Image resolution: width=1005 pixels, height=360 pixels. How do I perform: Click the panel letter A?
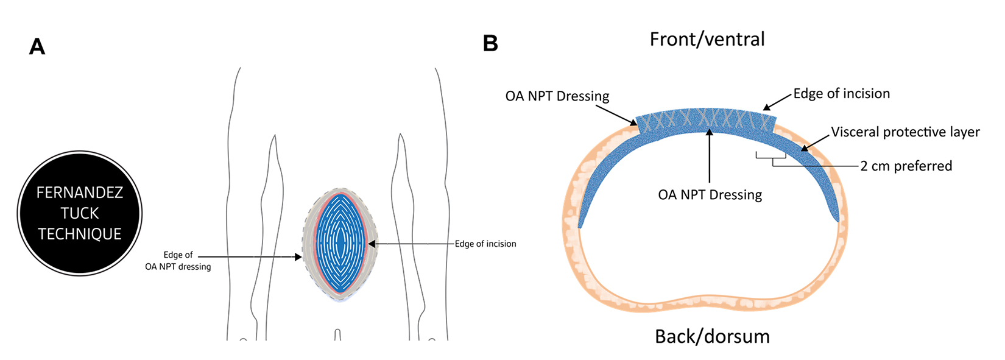[37, 47]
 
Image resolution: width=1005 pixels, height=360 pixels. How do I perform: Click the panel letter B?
[490, 43]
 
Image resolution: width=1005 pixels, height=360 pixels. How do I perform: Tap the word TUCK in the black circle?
[79, 213]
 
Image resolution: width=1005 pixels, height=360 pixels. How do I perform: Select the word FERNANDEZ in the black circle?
[79, 192]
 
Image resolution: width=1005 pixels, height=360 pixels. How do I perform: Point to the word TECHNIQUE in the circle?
[79, 234]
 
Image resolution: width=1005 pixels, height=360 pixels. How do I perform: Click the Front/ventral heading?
[707, 40]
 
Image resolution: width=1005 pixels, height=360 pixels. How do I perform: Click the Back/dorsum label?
[712, 336]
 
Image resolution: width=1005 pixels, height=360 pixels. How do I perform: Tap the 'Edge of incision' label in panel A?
[485, 244]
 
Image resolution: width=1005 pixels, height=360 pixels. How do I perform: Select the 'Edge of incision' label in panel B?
[842, 93]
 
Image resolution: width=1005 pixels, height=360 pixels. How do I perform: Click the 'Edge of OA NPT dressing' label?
[178, 261]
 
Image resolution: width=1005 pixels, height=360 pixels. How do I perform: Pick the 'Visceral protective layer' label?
[905, 132]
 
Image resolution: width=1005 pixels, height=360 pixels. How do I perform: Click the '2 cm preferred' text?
[906, 166]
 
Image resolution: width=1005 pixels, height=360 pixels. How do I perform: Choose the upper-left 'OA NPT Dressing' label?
[557, 96]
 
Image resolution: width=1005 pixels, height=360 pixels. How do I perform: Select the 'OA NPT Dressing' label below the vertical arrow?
[710, 195]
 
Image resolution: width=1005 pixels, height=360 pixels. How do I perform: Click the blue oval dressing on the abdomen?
[341, 243]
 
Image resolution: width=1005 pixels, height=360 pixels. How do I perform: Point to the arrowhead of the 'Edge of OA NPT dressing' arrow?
[298, 257]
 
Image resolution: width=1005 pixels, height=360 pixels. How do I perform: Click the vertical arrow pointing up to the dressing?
[710, 155]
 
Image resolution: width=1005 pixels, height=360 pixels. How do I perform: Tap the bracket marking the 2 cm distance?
[770, 156]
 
